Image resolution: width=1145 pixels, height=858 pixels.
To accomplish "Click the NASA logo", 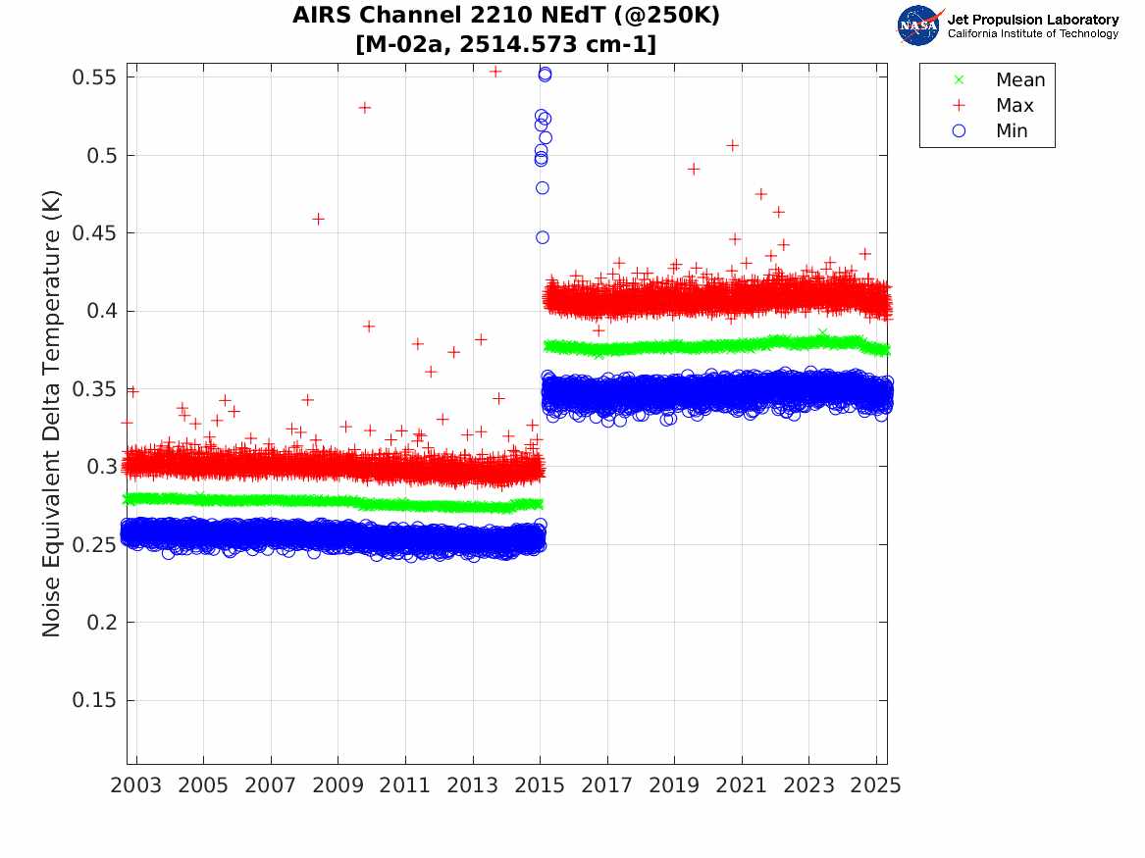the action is click(x=919, y=25).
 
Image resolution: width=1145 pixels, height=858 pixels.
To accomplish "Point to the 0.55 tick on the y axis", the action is click(x=94, y=76).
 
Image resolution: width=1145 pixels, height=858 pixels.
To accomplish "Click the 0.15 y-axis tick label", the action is click(x=94, y=700).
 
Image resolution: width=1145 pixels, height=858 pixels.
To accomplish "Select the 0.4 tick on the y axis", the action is click(x=101, y=311).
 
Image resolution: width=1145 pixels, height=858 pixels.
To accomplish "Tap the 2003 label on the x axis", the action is click(x=135, y=785).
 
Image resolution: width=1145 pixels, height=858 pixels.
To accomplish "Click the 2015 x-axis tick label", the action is click(x=540, y=785).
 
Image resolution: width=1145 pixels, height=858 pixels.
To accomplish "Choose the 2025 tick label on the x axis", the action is click(x=876, y=785).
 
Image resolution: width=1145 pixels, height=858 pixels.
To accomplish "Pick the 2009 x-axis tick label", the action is click(x=338, y=785).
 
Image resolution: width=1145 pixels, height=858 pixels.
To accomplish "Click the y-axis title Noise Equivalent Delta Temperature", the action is click(x=51, y=414).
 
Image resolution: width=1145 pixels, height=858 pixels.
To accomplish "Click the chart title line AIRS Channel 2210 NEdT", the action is click(x=506, y=15).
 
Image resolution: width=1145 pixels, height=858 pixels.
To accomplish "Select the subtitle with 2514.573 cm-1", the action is click(x=506, y=44).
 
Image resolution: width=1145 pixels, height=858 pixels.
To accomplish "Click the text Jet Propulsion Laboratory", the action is click(x=1032, y=20).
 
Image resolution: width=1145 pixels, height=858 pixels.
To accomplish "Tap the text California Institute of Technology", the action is click(x=1032, y=33).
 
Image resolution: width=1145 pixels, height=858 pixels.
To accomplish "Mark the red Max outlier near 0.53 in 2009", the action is click(x=364, y=108).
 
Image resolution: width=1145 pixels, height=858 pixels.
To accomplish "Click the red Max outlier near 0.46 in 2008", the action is click(x=318, y=219).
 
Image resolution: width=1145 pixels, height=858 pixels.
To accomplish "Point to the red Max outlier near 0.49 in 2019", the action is click(x=694, y=170).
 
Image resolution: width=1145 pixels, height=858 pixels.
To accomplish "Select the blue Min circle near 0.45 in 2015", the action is click(x=542, y=238).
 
